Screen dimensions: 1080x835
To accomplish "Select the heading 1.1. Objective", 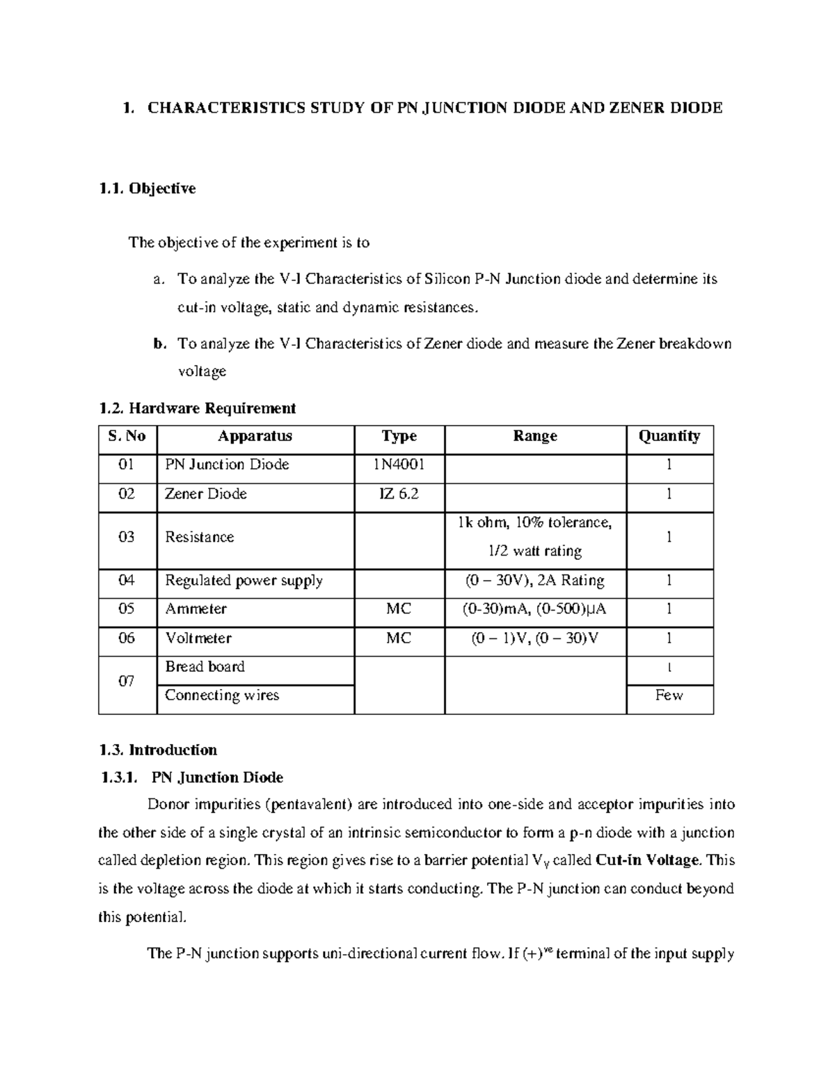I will tap(147, 188).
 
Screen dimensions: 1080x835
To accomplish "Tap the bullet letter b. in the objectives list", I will tap(160, 344).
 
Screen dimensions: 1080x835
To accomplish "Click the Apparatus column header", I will tap(255, 436).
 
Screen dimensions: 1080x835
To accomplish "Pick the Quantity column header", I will tap(669, 436).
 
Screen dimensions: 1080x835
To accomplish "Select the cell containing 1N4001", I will tap(399, 465).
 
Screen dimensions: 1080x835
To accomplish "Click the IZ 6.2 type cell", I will tap(399, 494).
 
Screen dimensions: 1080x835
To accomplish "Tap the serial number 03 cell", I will tap(127, 537).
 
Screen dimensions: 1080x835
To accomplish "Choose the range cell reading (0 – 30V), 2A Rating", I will tap(534, 580).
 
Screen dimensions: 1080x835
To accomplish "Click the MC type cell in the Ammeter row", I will tap(399, 609).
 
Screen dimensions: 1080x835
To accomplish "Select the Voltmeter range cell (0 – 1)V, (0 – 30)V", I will tap(534, 638).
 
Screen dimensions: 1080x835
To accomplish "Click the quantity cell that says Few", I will tap(669, 695).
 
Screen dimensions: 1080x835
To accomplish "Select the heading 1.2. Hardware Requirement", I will tap(198, 408).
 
